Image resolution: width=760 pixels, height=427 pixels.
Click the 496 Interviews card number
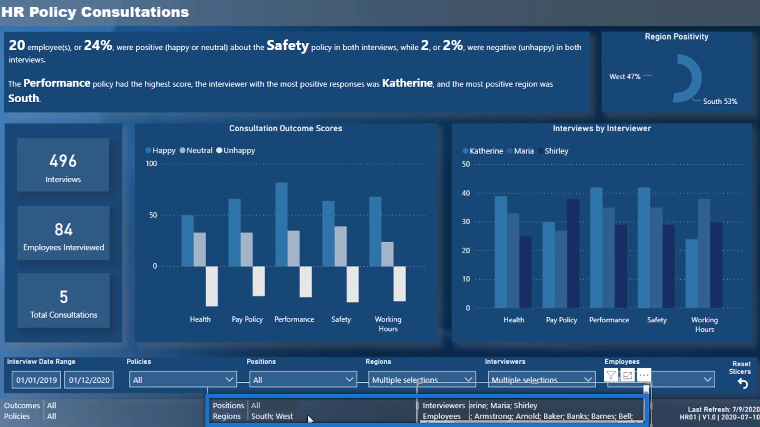pyautogui.click(x=63, y=161)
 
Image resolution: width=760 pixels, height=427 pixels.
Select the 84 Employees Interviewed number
pyautogui.click(x=64, y=230)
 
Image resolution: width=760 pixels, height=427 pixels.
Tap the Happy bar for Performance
pyautogui.click(x=282, y=224)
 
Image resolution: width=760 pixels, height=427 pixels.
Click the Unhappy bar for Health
pyautogui.click(x=211, y=286)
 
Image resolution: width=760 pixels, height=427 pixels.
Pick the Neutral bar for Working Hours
pyautogui.click(x=388, y=254)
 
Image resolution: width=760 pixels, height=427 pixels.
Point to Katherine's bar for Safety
pyautogui.click(x=644, y=247)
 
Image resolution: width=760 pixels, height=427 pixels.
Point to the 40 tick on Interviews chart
pyautogui.click(x=466, y=193)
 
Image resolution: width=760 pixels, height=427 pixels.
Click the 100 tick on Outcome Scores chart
pyautogui.click(x=151, y=164)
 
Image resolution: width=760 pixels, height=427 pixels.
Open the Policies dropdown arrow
pyautogui.click(x=229, y=379)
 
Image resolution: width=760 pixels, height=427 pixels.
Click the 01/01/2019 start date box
pyautogui.click(x=37, y=380)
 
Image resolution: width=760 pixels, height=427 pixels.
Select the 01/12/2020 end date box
pyautogui.click(x=89, y=380)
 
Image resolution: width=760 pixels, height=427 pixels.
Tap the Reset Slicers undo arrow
pyautogui.click(x=742, y=384)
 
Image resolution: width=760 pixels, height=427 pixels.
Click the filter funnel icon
pyautogui.click(x=611, y=376)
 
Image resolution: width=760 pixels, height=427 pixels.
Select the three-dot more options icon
pyautogui.click(x=644, y=375)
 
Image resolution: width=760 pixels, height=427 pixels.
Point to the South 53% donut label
pyautogui.click(x=720, y=101)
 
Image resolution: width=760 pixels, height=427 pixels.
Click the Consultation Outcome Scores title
pyautogui.click(x=285, y=128)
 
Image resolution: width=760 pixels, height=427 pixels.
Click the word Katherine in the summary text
pyautogui.click(x=407, y=83)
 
